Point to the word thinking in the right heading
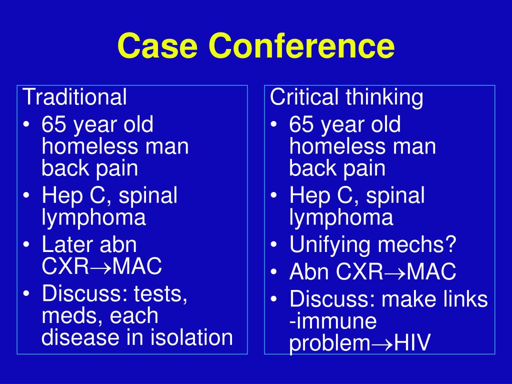pos(384,97)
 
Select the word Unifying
pos(331,245)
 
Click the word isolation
pos(191,337)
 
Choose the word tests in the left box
pos(160,294)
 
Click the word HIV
pos(412,342)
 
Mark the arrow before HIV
pos(382,344)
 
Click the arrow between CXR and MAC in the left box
pos(100,267)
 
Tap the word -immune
pos(333,320)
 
